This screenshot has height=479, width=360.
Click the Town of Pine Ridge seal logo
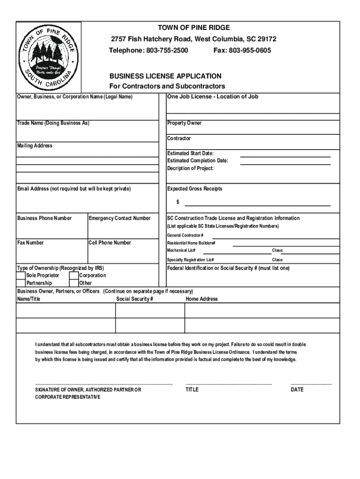tap(49, 56)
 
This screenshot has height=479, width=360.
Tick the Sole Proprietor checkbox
tap(21, 276)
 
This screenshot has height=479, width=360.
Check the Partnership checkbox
tap(21, 283)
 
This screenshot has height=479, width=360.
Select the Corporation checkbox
tap(74, 276)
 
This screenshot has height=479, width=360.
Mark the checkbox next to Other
tap(74, 283)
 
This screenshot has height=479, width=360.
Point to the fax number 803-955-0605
tap(250, 50)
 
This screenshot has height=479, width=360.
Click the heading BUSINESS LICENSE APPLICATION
tap(166, 76)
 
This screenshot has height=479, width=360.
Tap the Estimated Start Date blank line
tap(285, 156)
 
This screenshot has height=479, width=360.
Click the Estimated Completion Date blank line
tap(285, 164)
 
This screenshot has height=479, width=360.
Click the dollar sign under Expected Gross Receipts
tap(178, 202)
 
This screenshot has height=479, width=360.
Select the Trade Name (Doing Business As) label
tap(53, 123)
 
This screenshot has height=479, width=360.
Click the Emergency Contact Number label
tap(120, 218)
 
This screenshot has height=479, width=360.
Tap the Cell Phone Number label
tap(110, 242)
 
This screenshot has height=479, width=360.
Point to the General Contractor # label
tap(185, 235)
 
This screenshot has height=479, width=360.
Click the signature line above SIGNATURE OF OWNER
tap(104, 384)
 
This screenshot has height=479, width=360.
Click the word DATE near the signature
tap(297, 390)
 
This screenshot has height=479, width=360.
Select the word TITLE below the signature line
tap(192, 390)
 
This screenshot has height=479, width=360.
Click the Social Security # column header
tap(135, 299)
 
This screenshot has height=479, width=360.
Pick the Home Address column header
tap(202, 299)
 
